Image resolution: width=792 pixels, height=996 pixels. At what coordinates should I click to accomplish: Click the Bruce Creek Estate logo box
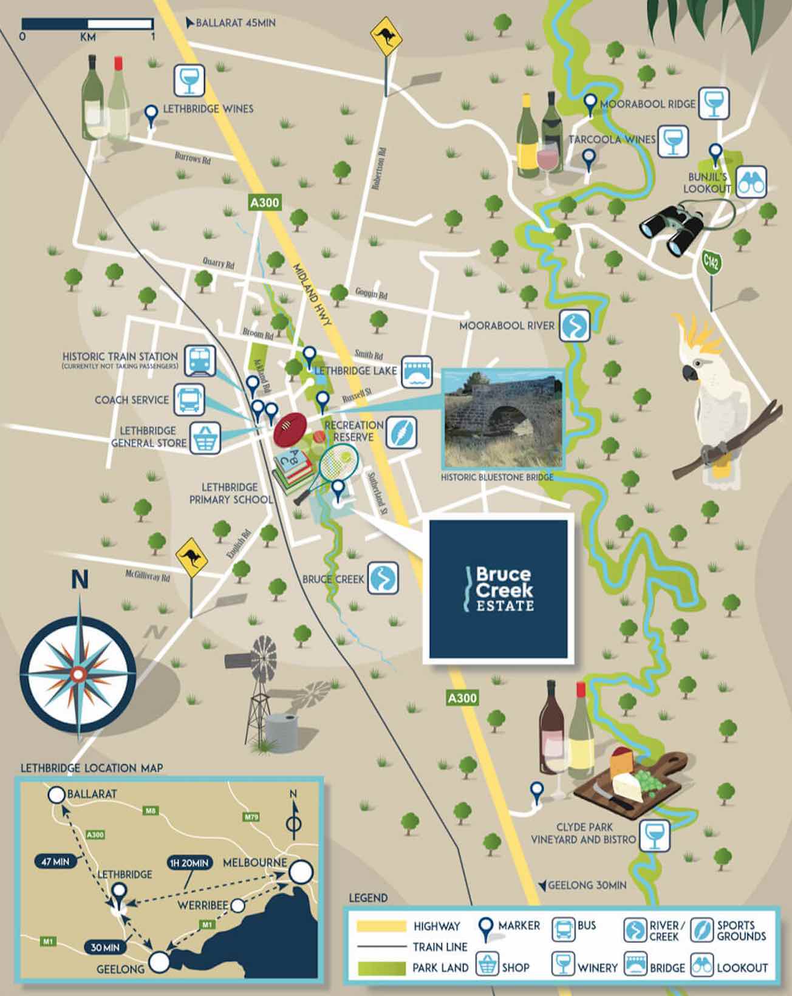498,588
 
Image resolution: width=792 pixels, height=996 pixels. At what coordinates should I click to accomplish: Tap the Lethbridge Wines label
208,109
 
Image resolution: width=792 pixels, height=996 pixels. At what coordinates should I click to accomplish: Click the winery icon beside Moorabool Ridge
713,104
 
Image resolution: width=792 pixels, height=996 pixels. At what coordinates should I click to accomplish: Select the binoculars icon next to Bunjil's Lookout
751,182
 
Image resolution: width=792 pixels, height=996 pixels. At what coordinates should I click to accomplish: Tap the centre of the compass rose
78,673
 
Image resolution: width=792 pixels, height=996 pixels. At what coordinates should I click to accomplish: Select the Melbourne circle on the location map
301,873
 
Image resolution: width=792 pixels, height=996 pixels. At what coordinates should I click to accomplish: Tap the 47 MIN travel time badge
55,861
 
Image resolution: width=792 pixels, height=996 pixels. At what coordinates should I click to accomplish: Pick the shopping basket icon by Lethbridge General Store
205,438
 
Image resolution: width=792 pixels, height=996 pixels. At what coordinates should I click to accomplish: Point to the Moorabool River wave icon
575,326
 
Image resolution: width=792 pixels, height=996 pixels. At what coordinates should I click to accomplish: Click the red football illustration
292,429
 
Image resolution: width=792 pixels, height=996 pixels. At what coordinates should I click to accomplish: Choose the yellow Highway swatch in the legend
381,926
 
